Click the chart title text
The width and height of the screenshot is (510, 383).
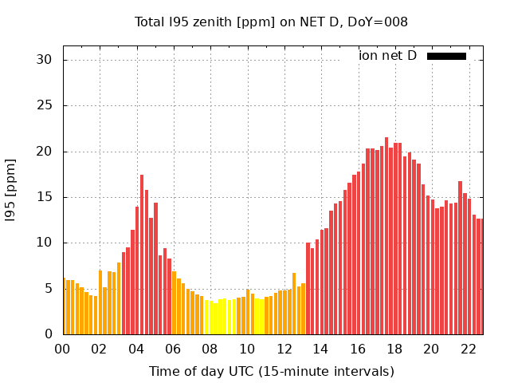pyautogui.click(x=271, y=22)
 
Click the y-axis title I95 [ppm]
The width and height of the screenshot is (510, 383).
pyautogui.click(x=11, y=189)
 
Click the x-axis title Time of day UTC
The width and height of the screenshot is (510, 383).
pyautogui.click(x=271, y=371)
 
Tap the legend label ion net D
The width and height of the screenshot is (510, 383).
pyautogui.click(x=387, y=56)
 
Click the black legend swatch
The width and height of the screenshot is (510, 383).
pyautogui.click(x=446, y=56)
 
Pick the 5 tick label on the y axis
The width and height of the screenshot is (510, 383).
pyautogui.click(x=47, y=289)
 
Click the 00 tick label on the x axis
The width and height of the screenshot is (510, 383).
pyautogui.click(x=62, y=349)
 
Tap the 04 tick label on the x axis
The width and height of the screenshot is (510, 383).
pyautogui.click(x=136, y=349)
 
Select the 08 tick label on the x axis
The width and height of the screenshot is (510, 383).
pyautogui.click(x=210, y=349)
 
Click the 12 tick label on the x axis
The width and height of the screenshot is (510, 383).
pyautogui.click(x=284, y=349)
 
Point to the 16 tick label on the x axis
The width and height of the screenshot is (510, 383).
pyautogui.click(x=358, y=349)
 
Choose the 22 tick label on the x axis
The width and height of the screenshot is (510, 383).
pyautogui.click(x=469, y=349)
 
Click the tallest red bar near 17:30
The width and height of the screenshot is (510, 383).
pyautogui.click(x=386, y=235)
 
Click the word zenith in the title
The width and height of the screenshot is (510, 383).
pyautogui.click(x=206, y=22)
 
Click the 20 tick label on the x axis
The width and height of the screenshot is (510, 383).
pyautogui.click(x=432, y=349)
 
